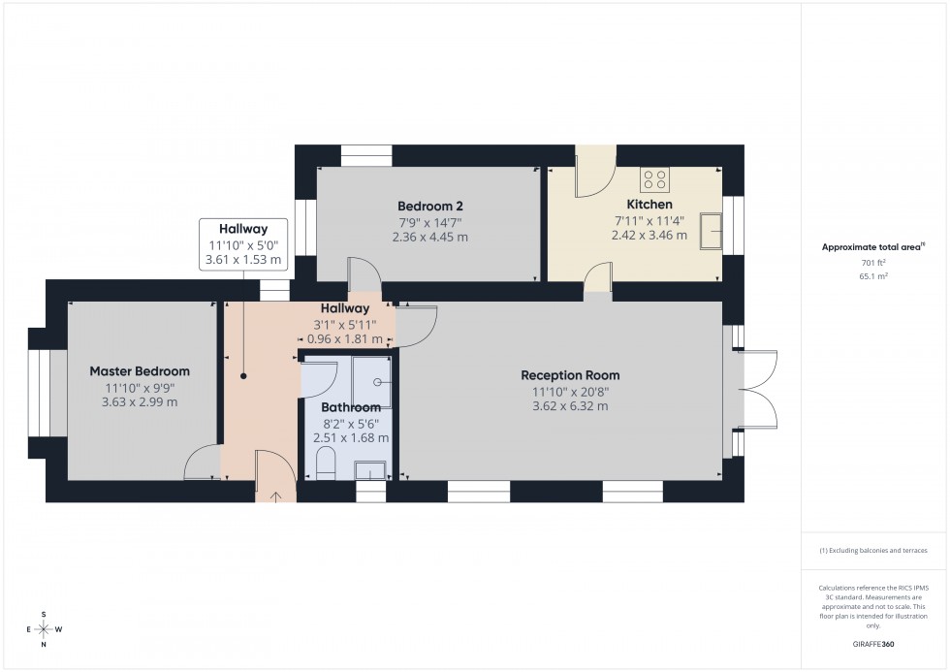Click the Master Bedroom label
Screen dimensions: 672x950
[140, 371]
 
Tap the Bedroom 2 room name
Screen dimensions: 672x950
[430, 206]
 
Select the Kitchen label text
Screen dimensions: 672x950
[649, 205]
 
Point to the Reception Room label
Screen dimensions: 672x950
[570, 375]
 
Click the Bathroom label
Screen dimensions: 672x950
[351, 407]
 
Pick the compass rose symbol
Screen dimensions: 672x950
[45, 629]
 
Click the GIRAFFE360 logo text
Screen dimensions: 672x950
[873, 644]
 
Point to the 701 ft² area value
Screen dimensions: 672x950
[874, 262]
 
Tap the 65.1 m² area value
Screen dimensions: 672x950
[874, 275]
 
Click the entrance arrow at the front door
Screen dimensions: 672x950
[275, 496]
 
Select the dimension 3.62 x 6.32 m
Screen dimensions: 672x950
[570, 406]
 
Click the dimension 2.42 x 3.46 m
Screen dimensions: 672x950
[649, 236]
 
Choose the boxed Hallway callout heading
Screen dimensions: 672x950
[242, 229]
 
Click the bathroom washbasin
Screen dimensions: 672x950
[369, 471]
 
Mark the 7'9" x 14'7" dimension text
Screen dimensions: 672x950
[430, 222]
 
